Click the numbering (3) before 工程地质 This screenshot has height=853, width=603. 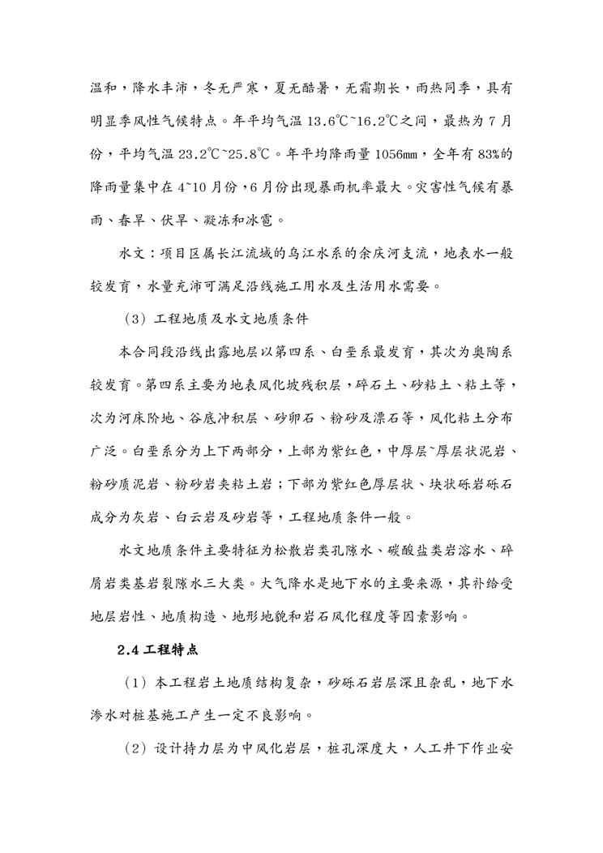coord(135,315)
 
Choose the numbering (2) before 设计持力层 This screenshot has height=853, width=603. coord(135,748)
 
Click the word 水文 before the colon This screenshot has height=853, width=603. coord(130,251)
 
